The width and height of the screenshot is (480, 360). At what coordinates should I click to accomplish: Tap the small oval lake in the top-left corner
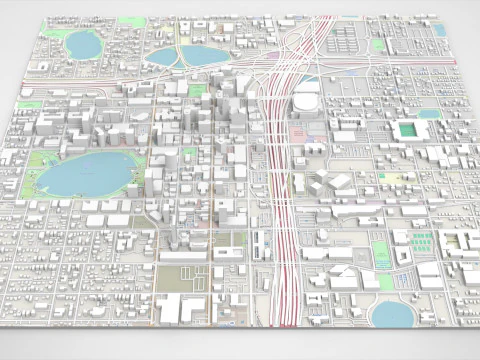pos(82,43)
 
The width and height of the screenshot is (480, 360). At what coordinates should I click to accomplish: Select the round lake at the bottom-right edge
pos(393,314)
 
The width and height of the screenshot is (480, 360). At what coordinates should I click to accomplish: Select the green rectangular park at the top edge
pos(378,45)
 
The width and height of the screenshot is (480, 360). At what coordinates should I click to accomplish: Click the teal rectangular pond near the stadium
pos(429,114)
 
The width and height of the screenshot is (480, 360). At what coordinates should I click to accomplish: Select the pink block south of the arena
pos(299,133)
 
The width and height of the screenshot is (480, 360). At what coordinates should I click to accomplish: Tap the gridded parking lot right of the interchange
pos(345,45)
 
